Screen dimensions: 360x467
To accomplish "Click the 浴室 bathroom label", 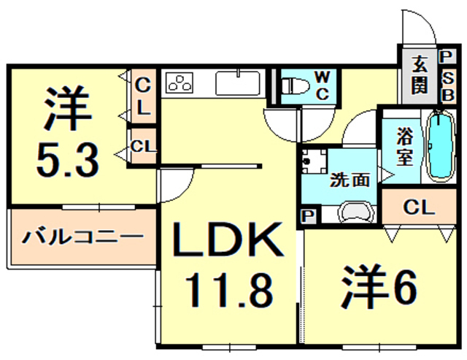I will (406, 146).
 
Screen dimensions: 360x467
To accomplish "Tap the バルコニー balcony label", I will (80, 237).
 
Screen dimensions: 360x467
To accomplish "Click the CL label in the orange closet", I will (417, 207).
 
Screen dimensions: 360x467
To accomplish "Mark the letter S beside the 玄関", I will (447, 76).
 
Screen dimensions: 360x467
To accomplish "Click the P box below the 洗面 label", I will (306, 216).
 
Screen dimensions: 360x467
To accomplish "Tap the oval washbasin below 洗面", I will (356, 212).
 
